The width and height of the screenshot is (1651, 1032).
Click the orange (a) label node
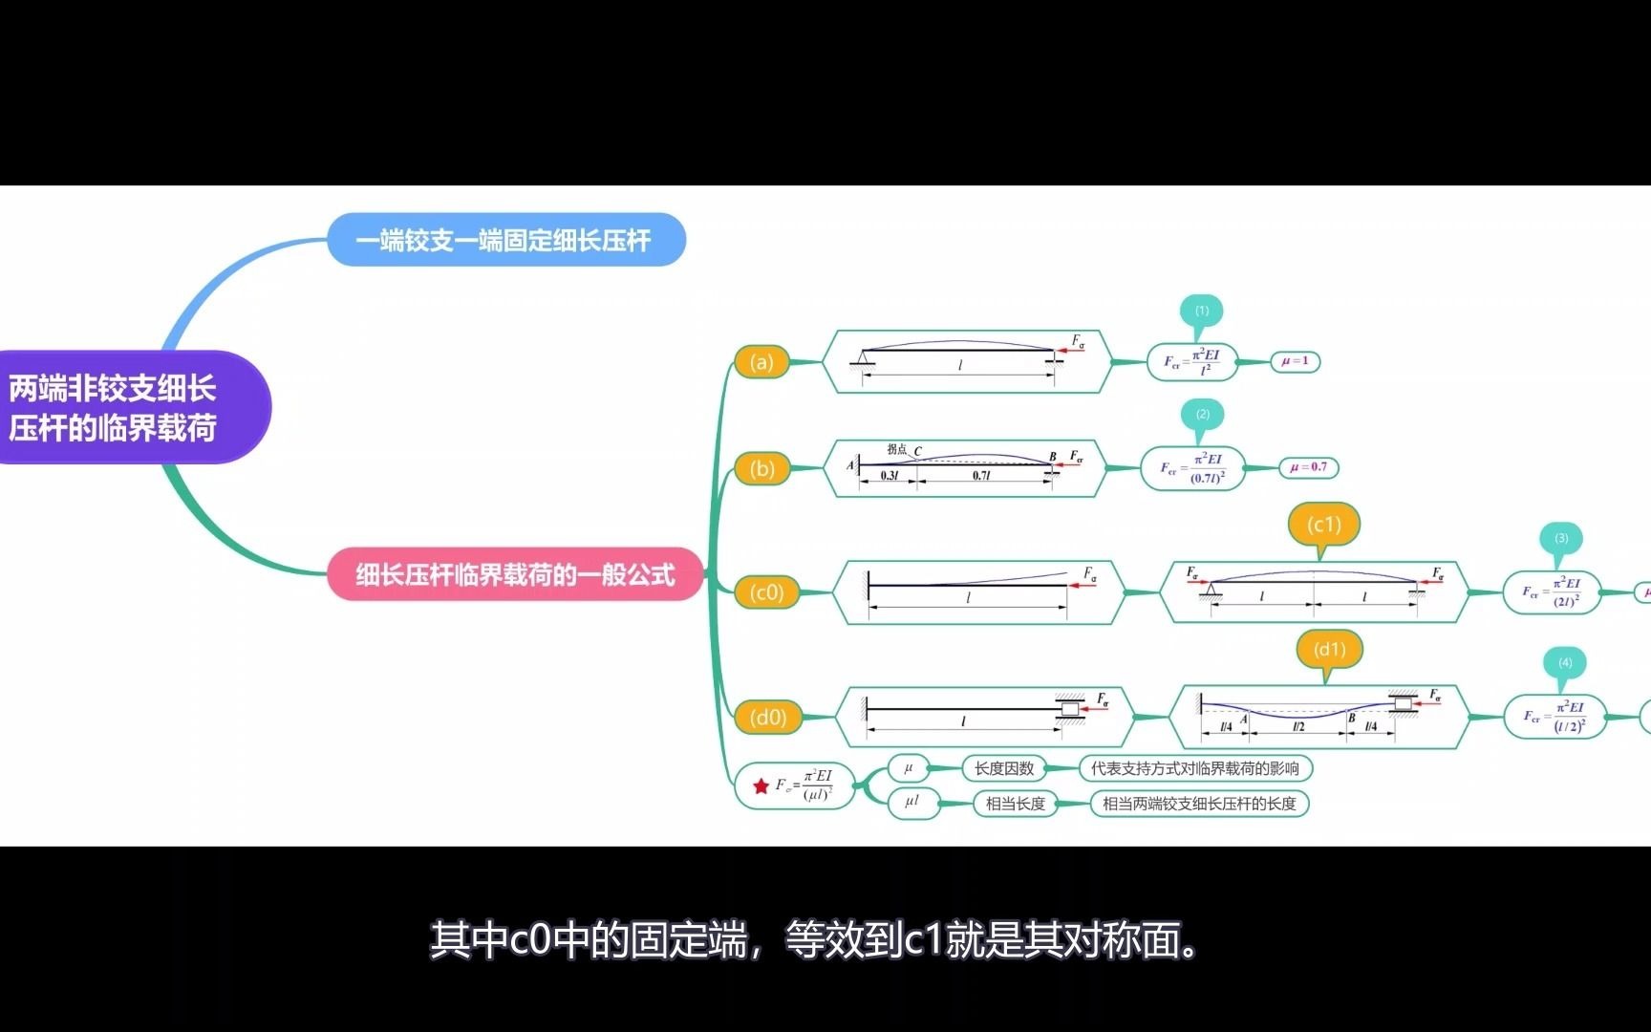coord(761,362)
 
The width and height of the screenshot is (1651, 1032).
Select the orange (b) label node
coord(762,469)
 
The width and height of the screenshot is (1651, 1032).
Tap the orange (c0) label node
coord(766,592)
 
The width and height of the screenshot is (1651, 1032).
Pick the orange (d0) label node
coord(768,717)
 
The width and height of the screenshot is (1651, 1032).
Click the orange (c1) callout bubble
coord(1323,525)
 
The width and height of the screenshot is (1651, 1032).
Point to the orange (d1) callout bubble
coord(1329,650)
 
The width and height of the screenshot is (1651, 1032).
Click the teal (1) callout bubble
coord(1202,311)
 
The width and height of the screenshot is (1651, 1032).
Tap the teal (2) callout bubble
coord(1203,415)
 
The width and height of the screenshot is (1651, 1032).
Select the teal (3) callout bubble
coord(1561,539)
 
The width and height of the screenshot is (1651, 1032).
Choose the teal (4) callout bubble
coord(1565,663)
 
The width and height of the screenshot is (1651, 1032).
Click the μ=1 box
coord(1295,361)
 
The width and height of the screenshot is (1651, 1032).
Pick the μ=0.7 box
coord(1308,467)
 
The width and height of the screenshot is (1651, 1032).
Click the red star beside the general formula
coord(761,786)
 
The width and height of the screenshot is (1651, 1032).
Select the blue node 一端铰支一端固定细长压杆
coord(506,240)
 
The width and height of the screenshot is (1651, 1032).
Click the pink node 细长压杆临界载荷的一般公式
coord(516,574)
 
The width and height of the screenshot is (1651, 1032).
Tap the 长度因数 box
coord(1004,768)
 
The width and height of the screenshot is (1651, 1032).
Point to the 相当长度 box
coord(1015,804)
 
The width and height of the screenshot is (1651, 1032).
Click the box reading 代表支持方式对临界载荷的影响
coord(1194,768)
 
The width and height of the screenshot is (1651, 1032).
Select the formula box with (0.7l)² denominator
coord(1193,468)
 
